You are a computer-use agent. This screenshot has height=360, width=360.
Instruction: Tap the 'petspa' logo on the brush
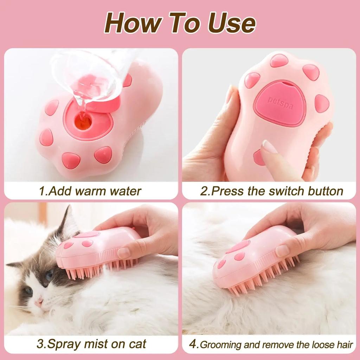pyautogui.click(x=280, y=103)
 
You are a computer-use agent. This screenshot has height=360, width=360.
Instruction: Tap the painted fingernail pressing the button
pyautogui.click(x=270, y=147)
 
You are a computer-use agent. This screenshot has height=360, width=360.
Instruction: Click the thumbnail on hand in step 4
pyautogui.click(x=282, y=251)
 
